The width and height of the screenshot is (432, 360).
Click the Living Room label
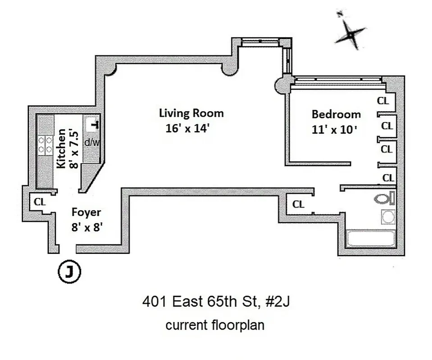[x=191, y=113]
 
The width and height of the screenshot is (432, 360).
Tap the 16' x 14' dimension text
[x=188, y=129]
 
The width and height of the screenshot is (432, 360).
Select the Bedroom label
[x=336, y=114]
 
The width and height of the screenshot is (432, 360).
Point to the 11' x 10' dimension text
[x=334, y=130]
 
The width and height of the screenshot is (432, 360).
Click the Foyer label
[x=86, y=212]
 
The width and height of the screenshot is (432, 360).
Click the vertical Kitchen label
[x=62, y=148]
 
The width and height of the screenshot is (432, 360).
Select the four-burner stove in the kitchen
[x=45, y=145]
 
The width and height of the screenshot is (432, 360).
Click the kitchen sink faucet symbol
[x=95, y=124]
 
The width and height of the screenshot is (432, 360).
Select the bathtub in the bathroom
[x=371, y=238]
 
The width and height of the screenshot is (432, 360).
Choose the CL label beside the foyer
[x=40, y=202]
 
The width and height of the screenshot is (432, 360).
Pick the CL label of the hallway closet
[x=298, y=204]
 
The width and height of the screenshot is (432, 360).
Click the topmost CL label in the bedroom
[x=383, y=101]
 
